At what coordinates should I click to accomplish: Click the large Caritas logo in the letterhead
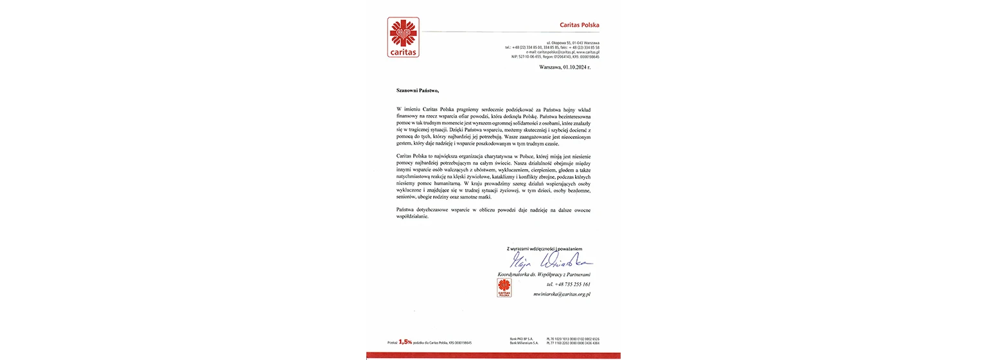click(x=403, y=37)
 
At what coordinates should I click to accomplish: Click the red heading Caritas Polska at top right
click(x=579, y=25)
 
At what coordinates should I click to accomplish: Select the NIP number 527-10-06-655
click(x=533, y=57)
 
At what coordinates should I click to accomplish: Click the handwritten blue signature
click(x=550, y=261)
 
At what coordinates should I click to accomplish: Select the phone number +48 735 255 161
click(x=568, y=284)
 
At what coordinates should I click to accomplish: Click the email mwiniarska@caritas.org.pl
click(x=562, y=294)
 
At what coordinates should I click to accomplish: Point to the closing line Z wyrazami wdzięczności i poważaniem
click(x=544, y=249)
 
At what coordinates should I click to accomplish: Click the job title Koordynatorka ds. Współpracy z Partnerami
click(x=544, y=274)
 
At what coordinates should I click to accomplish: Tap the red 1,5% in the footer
click(x=405, y=343)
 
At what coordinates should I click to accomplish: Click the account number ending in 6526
click(x=573, y=339)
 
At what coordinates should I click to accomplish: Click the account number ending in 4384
click(x=573, y=343)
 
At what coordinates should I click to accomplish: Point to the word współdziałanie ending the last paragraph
click(x=412, y=217)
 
